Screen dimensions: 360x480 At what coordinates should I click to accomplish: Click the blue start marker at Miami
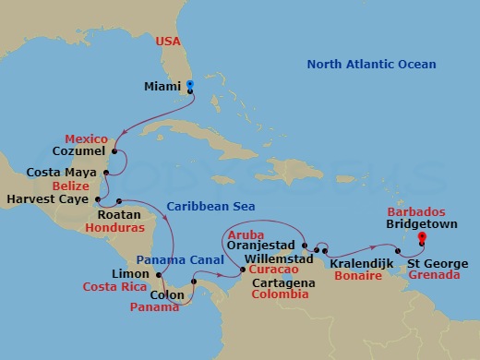pos(190,85)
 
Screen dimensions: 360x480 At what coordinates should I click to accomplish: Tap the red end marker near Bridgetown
pos(421,238)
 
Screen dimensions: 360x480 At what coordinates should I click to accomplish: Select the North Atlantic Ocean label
pos(371,65)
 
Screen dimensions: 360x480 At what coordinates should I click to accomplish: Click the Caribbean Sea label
pos(211,207)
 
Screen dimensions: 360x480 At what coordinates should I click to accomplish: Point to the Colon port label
pos(167,295)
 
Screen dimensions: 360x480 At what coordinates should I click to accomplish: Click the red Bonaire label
pos(358,277)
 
